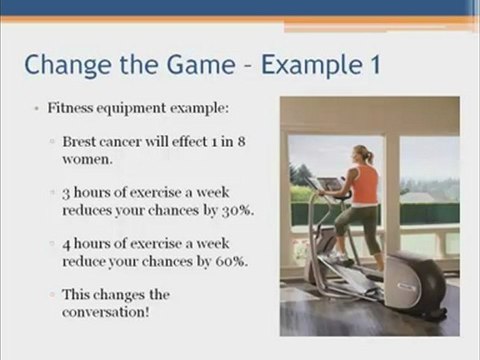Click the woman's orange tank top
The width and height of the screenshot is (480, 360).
366,184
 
